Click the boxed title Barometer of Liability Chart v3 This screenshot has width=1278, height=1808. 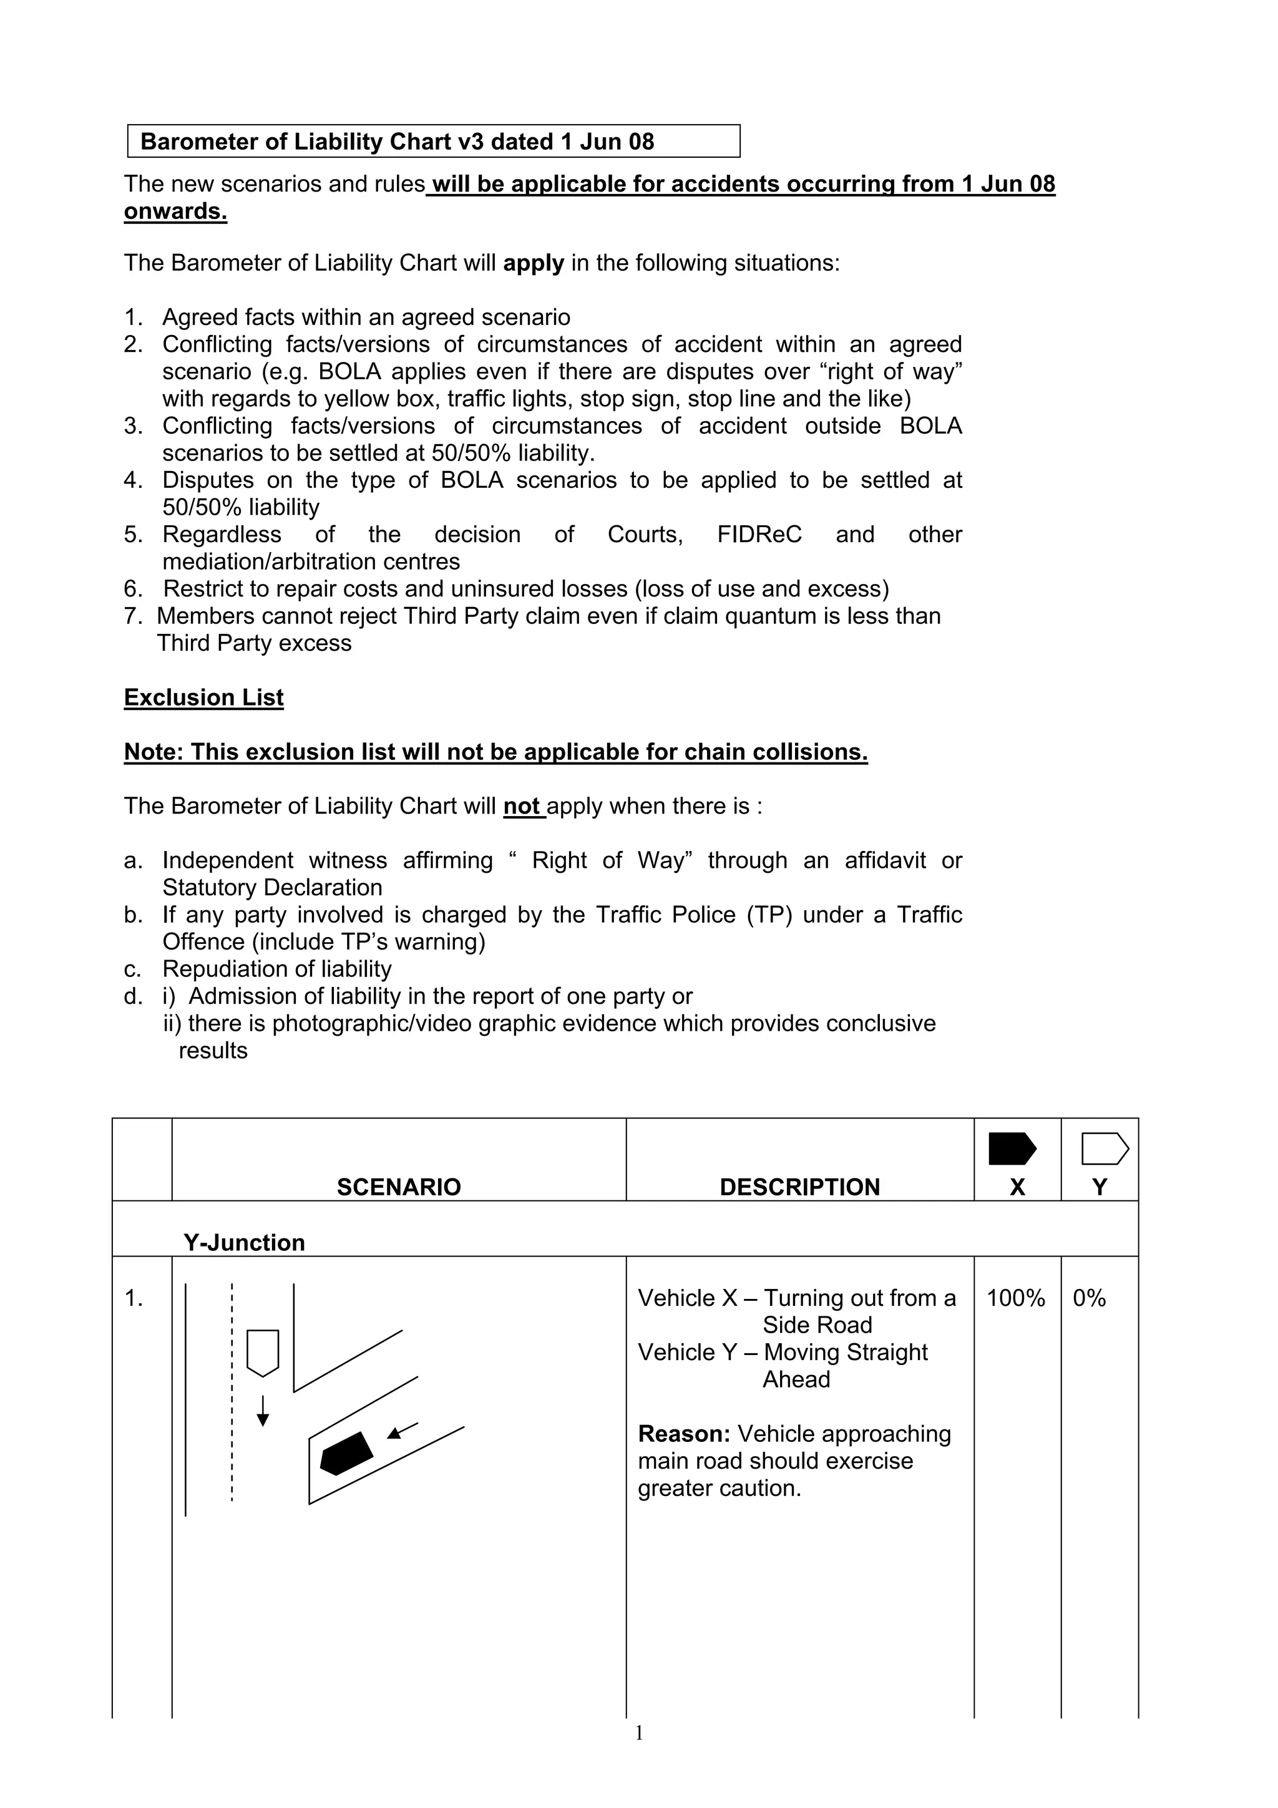(397, 142)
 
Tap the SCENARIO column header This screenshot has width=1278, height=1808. (399, 1187)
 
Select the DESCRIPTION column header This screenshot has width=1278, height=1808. (799, 1187)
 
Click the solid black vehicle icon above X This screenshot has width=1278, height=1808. (1012, 1149)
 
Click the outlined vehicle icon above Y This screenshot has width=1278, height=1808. (1105, 1149)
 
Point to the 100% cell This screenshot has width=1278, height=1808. (1015, 1298)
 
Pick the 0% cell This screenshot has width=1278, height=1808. (1089, 1298)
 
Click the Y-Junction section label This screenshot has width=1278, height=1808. (244, 1243)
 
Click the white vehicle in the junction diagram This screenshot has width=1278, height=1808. (263, 1353)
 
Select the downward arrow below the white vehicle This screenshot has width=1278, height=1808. (263, 1411)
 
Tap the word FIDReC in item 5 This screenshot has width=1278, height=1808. (759, 535)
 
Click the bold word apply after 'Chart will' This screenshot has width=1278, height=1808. (533, 263)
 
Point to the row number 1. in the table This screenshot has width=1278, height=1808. (134, 1298)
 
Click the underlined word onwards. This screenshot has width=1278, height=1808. (175, 212)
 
